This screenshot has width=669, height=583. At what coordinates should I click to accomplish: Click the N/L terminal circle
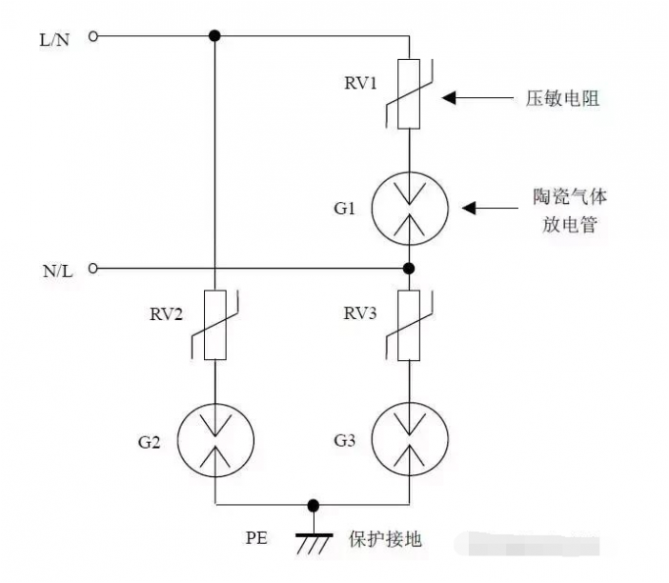(x=93, y=269)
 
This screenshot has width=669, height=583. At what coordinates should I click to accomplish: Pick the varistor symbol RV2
(x=215, y=325)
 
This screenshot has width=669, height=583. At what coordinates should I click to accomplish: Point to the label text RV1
(x=361, y=83)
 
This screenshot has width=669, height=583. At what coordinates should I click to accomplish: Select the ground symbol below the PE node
(x=312, y=541)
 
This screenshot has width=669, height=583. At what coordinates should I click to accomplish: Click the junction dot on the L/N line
(x=215, y=36)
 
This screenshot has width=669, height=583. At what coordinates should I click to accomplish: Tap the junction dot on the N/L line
(x=408, y=269)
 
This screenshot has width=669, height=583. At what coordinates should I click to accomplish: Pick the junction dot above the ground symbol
(x=312, y=505)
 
